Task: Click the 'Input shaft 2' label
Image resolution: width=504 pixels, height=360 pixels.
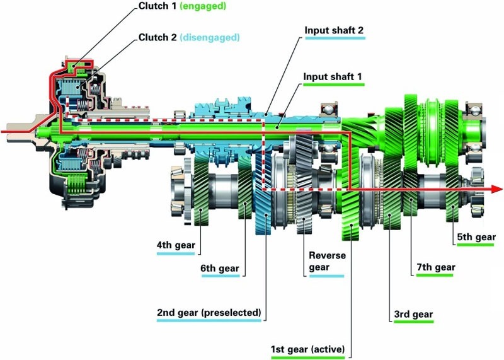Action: (334, 30)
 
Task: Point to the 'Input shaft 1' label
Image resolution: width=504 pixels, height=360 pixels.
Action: (333, 78)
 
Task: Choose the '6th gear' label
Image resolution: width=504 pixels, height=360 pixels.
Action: (220, 269)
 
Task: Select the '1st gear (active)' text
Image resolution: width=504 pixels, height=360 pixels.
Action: (309, 349)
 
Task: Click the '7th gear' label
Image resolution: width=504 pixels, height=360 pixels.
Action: (435, 267)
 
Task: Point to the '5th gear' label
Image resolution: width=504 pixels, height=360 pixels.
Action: (476, 237)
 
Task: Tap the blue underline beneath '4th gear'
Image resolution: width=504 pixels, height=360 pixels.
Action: (176, 253)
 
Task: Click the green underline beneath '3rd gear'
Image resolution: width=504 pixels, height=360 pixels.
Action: (413, 322)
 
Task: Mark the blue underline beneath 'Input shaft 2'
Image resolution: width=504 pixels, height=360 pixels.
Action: (334, 38)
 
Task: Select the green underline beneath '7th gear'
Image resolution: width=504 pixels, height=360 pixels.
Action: (435, 276)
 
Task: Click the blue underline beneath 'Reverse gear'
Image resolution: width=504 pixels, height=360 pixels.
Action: (326, 276)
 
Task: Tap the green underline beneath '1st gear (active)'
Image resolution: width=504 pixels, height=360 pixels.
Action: (309, 357)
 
